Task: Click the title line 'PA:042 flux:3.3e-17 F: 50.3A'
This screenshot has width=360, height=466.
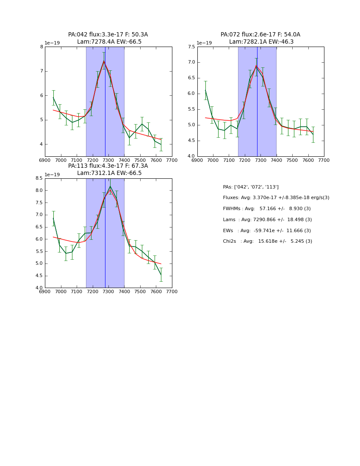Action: [x=108, y=35]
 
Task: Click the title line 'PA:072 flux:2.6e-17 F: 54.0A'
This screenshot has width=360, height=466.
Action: [x=260, y=35]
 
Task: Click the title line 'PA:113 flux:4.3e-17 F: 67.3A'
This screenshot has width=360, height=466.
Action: [x=108, y=166]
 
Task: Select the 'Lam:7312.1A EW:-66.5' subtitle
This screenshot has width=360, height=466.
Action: [x=109, y=173]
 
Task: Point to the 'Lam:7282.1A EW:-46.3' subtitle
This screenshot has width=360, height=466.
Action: [x=261, y=42]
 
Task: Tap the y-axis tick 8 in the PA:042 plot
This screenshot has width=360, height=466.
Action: [x=42, y=47]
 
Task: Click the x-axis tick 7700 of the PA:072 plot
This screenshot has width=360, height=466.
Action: [x=324, y=160]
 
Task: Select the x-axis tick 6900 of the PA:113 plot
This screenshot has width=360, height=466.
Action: [x=45, y=291]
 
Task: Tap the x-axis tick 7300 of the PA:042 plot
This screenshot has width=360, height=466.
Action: [x=108, y=160]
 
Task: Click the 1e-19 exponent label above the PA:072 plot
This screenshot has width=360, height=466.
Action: [x=204, y=43]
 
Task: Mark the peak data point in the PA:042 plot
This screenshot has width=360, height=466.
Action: [x=104, y=61]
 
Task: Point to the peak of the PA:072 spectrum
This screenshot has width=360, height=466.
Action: [x=256, y=66]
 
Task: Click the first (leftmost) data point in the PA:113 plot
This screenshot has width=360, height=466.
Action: [x=53, y=219]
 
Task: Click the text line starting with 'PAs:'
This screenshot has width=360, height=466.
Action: [x=251, y=187]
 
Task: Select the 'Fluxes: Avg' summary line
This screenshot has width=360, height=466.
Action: [x=276, y=198]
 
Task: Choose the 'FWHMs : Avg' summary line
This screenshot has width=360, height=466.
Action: [x=267, y=209]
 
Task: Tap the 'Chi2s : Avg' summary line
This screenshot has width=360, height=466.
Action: [x=268, y=241]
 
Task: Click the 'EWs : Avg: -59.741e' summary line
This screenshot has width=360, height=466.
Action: [x=267, y=230]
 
